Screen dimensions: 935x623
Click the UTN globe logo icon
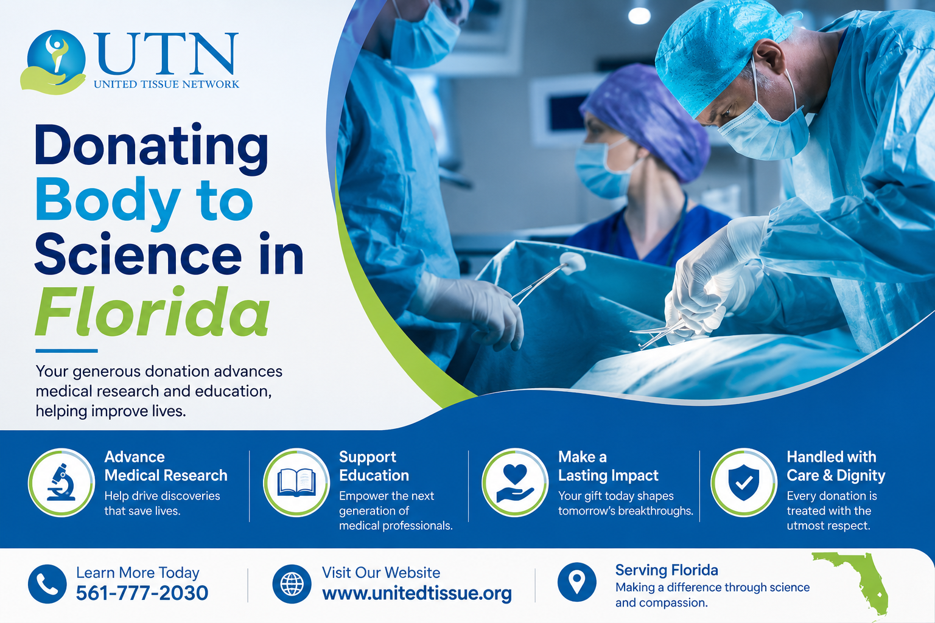point(54,62)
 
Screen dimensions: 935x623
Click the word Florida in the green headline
point(152,311)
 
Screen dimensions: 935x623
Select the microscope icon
point(61,482)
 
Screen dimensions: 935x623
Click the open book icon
point(296,482)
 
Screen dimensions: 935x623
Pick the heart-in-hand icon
point(514,483)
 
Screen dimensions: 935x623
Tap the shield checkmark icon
point(743,483)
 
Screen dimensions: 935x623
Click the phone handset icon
point(47,584)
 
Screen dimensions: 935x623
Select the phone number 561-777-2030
point(142,593)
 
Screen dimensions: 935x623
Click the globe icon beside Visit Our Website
point(292,584)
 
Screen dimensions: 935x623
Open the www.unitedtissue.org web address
point(417,593)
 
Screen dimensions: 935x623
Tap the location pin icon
point(577,582)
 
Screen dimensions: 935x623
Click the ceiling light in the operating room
point(639,16)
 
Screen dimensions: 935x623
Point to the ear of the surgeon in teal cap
point(769,57)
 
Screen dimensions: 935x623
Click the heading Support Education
point(374,466)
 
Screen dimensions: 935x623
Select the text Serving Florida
point(667,570)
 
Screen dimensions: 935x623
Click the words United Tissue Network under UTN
point(167,85)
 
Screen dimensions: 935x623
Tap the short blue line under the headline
point(67,351)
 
